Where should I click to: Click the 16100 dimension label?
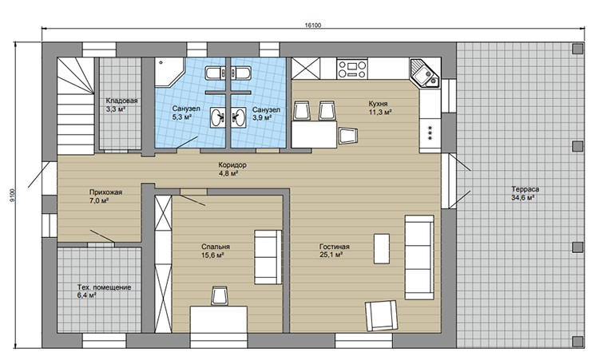pyautogui.click(x=313, y=26)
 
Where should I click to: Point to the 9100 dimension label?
pyautogui.click(x=12, y=196)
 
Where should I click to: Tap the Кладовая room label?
pyautogui.click(x=121, y=101)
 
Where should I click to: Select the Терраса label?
pyautogui.click(x=526, y=189)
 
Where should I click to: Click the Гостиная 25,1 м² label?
pyautogui.click(x=335, y=251)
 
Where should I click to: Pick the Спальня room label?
pyautogui.click(x=216, y=247)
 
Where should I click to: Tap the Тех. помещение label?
pyautogui.click(x=105, y=287)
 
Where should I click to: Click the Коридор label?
pyautogui.click(x=232, y=165)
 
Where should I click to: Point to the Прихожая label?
pyautogui.click(x=105, y=192)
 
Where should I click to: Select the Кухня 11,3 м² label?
pyautogui.click(x=380, y=108)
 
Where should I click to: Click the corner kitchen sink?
pyautogui.click(x=425, y=73)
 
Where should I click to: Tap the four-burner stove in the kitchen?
pyautogui.click(x=352, y=69)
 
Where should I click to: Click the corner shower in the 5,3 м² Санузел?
pyautogui.click(x=169, y=73)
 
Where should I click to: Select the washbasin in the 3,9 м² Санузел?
pyautogui.click(x=240, y=117)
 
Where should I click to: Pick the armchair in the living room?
pyautogui.click(x=382, y=315)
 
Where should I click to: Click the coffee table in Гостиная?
pyautogui.click(x=382, y=248)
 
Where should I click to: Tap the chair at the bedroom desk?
pyautogui.click(x=220, y=295)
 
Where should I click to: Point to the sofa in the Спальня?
pyautogui.click(x=268, y=257)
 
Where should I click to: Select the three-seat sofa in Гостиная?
pyautogui.click(x=419, y=257)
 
